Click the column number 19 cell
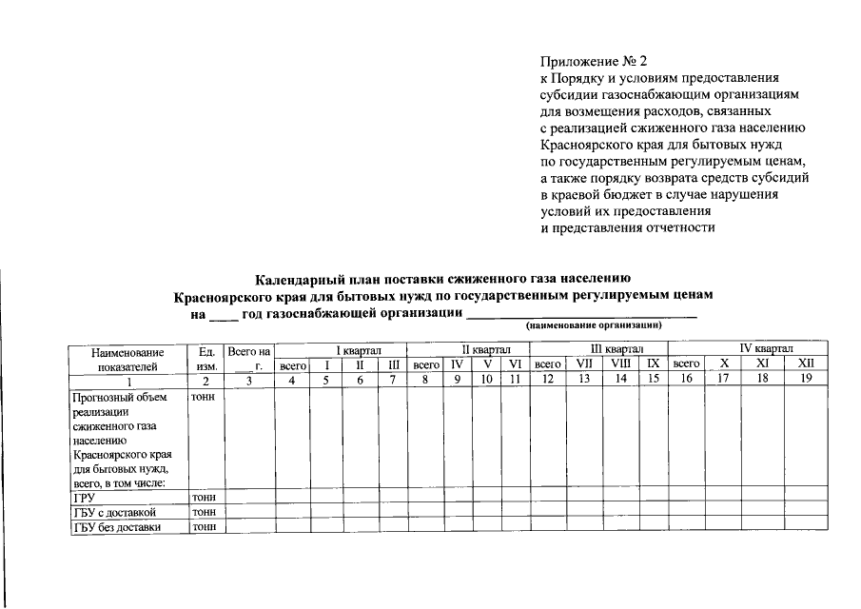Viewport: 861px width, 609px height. [x=806, y=380]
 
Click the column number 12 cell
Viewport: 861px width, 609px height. [x=548, y=380]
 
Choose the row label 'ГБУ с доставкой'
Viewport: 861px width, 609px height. [x=113, y=512]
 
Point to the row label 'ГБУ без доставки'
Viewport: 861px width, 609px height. [x=116, y=526]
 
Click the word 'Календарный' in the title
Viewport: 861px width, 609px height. [x=296, y=279]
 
